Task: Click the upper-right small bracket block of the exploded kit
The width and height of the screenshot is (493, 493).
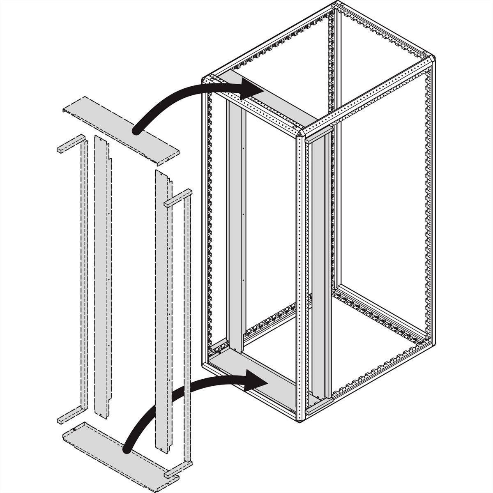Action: (177, 197)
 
